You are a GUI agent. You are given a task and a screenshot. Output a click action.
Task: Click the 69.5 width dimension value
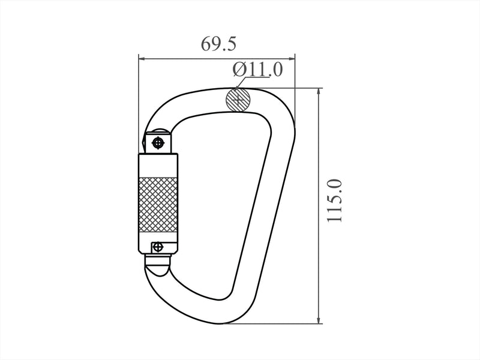[x=218, y=44]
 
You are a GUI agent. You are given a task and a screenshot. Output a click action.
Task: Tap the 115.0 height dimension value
[x=334, y=201]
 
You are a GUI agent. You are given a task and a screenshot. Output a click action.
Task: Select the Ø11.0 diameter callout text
[x=257, y=69]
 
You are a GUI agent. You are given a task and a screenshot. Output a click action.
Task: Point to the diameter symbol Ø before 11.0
[x=239, y=69]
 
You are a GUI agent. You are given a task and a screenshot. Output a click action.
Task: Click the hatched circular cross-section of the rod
[x=238, y=100]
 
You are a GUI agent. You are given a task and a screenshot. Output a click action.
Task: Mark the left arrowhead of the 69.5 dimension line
[x=142, y=58]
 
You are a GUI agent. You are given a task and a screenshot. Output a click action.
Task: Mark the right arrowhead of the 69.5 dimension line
[x=291, y=58]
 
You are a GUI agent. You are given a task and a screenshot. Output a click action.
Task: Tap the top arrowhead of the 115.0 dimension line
[x=319, y=92]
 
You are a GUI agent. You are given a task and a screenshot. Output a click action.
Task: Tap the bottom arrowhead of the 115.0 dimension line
[x=319, y=319]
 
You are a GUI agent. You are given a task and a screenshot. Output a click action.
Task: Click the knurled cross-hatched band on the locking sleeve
[x=158, y=205]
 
